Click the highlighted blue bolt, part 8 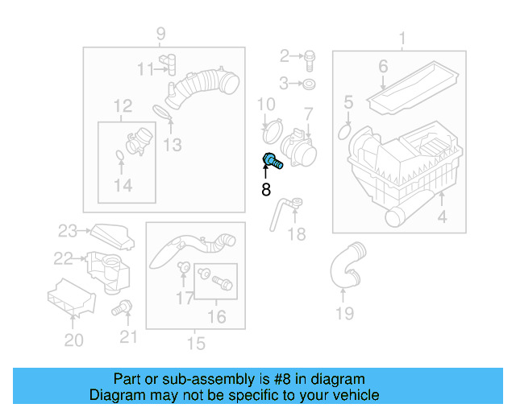coord(272,161)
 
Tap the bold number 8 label coord(265,190)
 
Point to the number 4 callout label coord(441,217)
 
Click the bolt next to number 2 coord(310,56)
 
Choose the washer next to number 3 coord(310,83)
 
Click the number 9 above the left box coord(160,34)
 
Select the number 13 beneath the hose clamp coord(172,145)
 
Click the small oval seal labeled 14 coord(119,154)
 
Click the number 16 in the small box coord(217,317)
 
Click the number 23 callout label coord(65,231)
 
